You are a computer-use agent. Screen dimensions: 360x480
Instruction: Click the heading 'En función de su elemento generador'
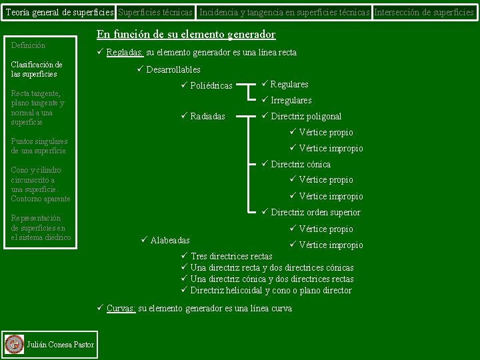pos(186,35)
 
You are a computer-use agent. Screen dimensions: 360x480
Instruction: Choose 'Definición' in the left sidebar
pos(29,45)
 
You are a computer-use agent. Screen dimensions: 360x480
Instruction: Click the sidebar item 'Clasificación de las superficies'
pos(37,69)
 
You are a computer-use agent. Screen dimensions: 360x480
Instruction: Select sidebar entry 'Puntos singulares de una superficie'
pos(39,146)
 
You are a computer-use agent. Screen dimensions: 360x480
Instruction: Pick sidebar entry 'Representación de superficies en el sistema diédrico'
pos(41,227)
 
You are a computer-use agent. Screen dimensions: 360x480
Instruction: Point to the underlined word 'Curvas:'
pos(121,309)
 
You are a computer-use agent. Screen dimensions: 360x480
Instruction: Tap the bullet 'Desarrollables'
pos(173,69)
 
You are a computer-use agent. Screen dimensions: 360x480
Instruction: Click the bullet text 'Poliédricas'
pos(211,85)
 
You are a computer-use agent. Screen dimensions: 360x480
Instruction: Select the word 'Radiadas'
pos(207,117)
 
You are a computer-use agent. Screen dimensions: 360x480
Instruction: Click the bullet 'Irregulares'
pos(291,101)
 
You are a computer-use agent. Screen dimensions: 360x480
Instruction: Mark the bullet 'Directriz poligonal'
pos(306,117)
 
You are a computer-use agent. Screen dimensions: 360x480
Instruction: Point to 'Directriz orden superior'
pos(315,213)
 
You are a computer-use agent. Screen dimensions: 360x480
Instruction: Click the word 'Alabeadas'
pos(170,240)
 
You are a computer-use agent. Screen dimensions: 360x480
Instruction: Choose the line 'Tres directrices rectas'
pos(231,257)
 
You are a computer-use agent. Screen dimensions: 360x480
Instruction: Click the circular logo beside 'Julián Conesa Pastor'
pos(14,344)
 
